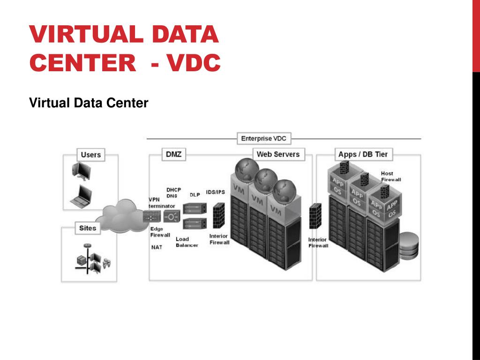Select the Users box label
[x=90, y=155]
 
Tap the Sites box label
[x=88, y=228]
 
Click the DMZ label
[x=173, y=154]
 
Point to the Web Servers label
[x=278, y=154]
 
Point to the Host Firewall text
[x=390, y=176]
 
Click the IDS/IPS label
[x=215, y=192]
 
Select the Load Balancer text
[x=187, y=242]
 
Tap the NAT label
[x=157, y=247]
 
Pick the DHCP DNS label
[x=173, y=193]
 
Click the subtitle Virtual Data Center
[x=89, y=103]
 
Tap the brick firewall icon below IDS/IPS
[x=218, y=216]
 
